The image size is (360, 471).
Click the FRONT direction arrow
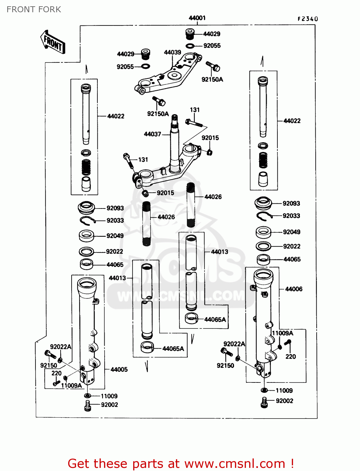point(52,42)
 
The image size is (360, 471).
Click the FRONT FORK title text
point(34,9)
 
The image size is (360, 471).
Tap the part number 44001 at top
point(197,18)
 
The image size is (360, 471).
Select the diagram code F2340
point(308,19)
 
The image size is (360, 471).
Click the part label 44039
point(172,52)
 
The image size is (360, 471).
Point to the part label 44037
point(152,134)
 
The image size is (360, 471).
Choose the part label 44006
point(293,289)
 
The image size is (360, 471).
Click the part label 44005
point(119,370)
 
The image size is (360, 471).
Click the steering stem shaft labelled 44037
point(174,141)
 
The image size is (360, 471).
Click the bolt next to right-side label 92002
point(264,402)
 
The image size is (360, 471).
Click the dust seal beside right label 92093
point(263,203)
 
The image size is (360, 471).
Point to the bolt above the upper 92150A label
point(213,66)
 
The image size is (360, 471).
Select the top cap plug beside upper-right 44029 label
point(190,34)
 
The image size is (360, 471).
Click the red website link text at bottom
point(181,463)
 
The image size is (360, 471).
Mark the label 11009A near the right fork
point(282,333)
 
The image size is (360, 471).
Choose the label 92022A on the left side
point(61,347)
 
